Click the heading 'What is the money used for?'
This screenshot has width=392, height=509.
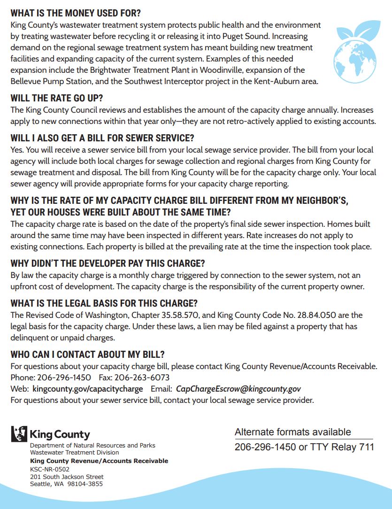pos(76,13)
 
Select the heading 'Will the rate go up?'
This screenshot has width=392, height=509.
pos(57,99)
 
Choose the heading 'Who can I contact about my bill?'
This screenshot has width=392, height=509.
pos(87,355)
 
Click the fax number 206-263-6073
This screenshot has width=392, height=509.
pos(142,378)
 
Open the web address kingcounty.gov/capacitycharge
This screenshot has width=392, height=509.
pos(88,389)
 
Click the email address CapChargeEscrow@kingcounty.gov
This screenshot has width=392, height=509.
pos(238,389)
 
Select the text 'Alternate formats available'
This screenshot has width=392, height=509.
pos(292,432)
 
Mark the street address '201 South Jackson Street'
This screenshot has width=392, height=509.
pos(67,477)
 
